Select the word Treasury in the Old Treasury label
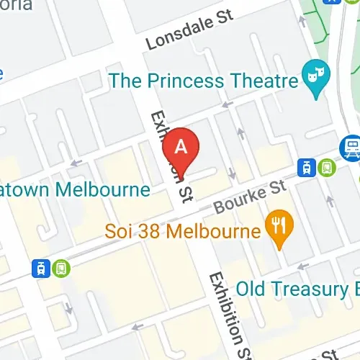[308, 289]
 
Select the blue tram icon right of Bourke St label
[307, 168]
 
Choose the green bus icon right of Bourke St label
[328, 167]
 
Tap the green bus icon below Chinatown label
[61, 268]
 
